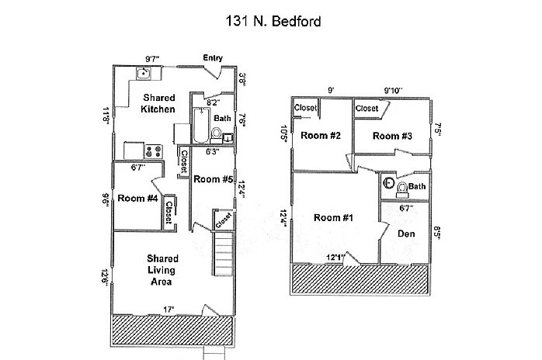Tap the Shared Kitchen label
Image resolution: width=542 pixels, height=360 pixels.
tap(158, 103)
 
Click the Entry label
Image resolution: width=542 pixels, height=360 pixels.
tap(214, 58)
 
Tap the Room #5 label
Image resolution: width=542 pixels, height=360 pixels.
tap(214, 179)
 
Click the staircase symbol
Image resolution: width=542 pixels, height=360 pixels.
tap(224, 253)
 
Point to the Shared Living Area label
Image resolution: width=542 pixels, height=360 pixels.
tap(163, 270)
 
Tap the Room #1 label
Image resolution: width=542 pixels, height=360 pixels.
tap(333, 218)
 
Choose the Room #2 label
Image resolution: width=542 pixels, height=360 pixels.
tap(321, 137)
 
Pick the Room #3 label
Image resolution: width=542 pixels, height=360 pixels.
tap(391, 137)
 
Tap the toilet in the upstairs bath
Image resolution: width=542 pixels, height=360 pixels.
tap(400, 188)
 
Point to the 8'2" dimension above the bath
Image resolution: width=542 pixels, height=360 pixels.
tap(214, 101)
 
